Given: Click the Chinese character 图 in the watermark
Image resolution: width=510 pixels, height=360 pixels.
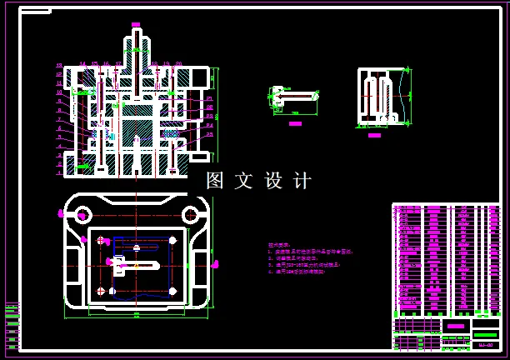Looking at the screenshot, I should tap(215, 181).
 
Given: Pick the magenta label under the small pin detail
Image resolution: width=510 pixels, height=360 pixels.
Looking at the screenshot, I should tap(294, 123).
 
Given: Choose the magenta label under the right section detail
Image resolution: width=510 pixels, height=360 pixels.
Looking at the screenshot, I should tap(375, 134).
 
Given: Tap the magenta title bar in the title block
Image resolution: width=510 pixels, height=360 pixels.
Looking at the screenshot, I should tap(455, 325).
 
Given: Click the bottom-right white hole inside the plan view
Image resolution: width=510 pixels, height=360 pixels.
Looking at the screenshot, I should tap(172, 291).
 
